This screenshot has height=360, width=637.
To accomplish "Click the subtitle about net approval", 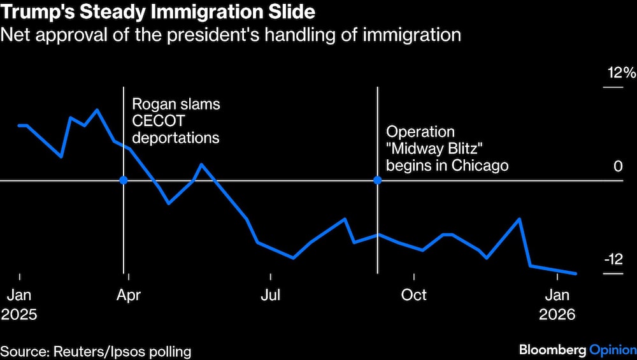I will click(x=231, y=34).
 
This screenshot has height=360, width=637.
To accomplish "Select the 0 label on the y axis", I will click(x=617, y=166).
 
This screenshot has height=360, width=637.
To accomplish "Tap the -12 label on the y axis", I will click(x=613, y=259).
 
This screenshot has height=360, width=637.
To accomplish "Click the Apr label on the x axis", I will click(x=129, y=295).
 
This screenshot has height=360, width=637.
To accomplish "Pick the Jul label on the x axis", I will click(x=271, y=295).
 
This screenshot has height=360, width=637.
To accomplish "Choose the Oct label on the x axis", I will click(x=414, y=295).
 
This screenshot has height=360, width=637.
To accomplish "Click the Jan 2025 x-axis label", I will click(x=19, y=305).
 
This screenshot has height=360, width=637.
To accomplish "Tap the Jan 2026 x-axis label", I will click(x=557, y=305).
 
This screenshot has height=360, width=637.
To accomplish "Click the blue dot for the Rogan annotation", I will click(x=124, y=180).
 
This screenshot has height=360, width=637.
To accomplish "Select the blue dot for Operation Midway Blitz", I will click(x=377, y=180).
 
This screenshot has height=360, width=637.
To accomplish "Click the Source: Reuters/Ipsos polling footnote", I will click(x=96, y=350).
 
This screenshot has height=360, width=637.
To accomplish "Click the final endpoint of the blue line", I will click(x=576, y=273).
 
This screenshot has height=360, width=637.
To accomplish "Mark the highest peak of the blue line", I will click(x=97, y=110).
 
